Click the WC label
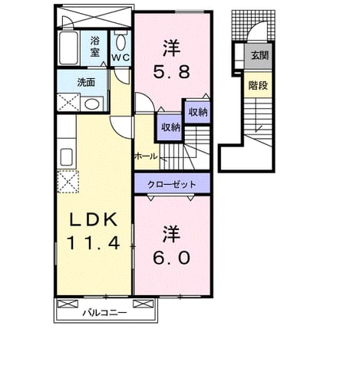coord(121,58)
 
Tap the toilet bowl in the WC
coord(121,42)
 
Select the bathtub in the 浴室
coord(68,48)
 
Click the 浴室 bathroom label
coord(94,47)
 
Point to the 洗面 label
coord(86,82)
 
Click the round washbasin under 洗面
coord(91,104)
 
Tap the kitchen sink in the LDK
coord(67,157)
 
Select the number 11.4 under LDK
coord(94,242)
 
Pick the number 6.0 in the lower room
coord(172,258)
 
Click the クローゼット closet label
coord(172,184)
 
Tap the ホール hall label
coord(146,156)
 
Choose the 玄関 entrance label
coord(259,55)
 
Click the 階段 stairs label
coord(258,85)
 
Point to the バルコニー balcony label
coord(104,312)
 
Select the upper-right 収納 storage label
coord(198,112)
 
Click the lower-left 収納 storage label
coord(170,127)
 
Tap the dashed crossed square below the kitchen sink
coord(68,182)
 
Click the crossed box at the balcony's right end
coord(144,304)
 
